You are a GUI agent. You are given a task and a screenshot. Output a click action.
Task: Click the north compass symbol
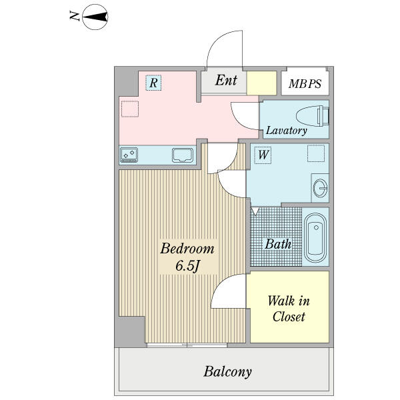(x=95, y=17)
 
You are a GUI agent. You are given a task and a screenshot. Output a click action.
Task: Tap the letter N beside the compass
(x=74, y=16)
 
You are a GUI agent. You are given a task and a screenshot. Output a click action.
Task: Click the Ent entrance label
(x=226, y=80)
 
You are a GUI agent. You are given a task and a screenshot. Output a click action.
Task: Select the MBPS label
(x=305, y=84)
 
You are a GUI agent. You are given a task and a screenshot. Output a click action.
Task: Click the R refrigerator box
(x=153, y=83)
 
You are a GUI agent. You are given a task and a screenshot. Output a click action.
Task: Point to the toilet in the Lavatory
(x=313, y=116)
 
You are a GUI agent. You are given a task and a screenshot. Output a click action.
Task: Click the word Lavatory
(x=286, y=131)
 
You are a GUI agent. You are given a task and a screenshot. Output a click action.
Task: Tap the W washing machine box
(x=263, y=155)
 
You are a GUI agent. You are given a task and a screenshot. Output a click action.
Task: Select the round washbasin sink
(x=320, y=188)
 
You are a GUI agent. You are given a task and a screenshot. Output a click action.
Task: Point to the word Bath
(x=278, y=244)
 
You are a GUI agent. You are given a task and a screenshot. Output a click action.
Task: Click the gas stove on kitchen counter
(x=129, y=155)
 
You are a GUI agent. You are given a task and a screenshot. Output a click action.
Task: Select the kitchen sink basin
(x=183, y=155)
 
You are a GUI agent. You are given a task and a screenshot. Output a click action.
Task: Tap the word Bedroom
(x=187, y=248)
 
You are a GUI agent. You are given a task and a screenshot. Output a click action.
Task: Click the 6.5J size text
(x=187, y=266)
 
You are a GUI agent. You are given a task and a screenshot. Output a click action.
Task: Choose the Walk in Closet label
(x=289, y=309)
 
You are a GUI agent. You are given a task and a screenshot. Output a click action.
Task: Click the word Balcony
(x=227, y=371)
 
